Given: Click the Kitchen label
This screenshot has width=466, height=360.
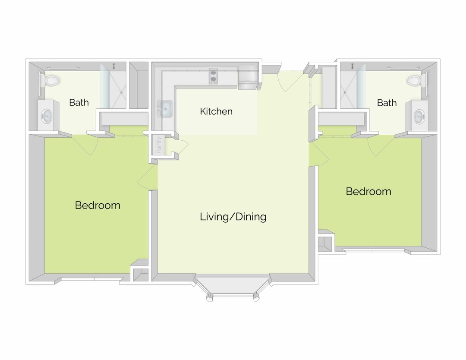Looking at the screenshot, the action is click(x=216, y=111).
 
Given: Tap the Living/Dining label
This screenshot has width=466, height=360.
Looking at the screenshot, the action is click(x=233, y=217).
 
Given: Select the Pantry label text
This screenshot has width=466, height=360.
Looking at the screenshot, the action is click(x=159, y=145).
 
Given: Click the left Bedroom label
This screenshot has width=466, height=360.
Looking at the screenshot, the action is click(x=98, y=205).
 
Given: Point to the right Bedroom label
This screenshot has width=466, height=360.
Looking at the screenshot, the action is click(x=368, y=191).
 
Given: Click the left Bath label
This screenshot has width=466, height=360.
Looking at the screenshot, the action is click(x=79, y=102).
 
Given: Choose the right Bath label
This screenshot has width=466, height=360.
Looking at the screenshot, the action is click(x=387, y=103).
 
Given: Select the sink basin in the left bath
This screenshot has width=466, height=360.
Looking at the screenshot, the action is click(x=47, y=116).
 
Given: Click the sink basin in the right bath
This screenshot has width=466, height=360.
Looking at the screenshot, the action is click(x=419, y=116).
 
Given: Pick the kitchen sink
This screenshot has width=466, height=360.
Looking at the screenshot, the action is click(x=165, y=109).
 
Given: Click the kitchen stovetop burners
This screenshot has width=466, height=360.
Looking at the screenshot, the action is click(x=213, y=76).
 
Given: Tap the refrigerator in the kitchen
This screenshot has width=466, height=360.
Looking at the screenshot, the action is click(x=248, y=77).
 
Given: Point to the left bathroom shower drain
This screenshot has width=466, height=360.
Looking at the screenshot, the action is click(x=122, y=92).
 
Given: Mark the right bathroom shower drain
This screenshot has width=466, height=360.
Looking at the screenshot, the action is click(x=345, y=92).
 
